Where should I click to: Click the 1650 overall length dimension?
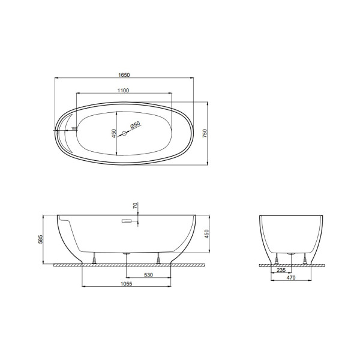pos(124,75)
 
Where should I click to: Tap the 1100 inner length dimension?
pos(123,91)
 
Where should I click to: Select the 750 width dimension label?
pos(205,133)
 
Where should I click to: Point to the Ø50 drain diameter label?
pos(135,125)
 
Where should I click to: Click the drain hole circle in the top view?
pos(124,133)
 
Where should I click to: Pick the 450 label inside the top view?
pos(114,133)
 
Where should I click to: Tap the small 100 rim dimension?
pos(74,128)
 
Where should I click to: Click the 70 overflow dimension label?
pos(135,205)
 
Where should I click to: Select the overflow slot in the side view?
pos(127,221)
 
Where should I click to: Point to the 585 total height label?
pos(40,239)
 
